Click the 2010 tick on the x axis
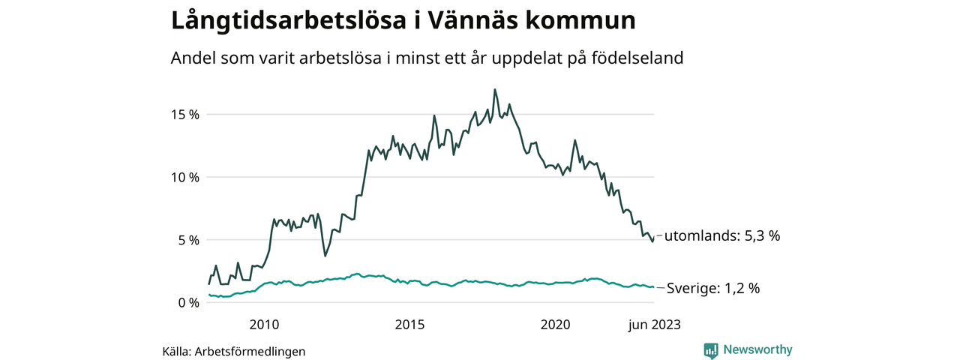[x=264, y=325]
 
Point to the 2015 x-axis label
[x=409, y=325]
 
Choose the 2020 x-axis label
[x=555, y=325]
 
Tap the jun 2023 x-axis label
[x=654, y=325]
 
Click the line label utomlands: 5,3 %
[x=723, y=235]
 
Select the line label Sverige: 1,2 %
[x=713, y=288]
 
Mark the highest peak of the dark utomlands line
[x=495, y=89]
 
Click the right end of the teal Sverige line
[x=654, y=287]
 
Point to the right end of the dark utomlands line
[x=654, y=237]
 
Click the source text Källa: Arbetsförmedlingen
[x=234, y=351]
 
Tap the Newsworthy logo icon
[x=711, y=349]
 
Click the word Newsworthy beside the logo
[x=757, y=349]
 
